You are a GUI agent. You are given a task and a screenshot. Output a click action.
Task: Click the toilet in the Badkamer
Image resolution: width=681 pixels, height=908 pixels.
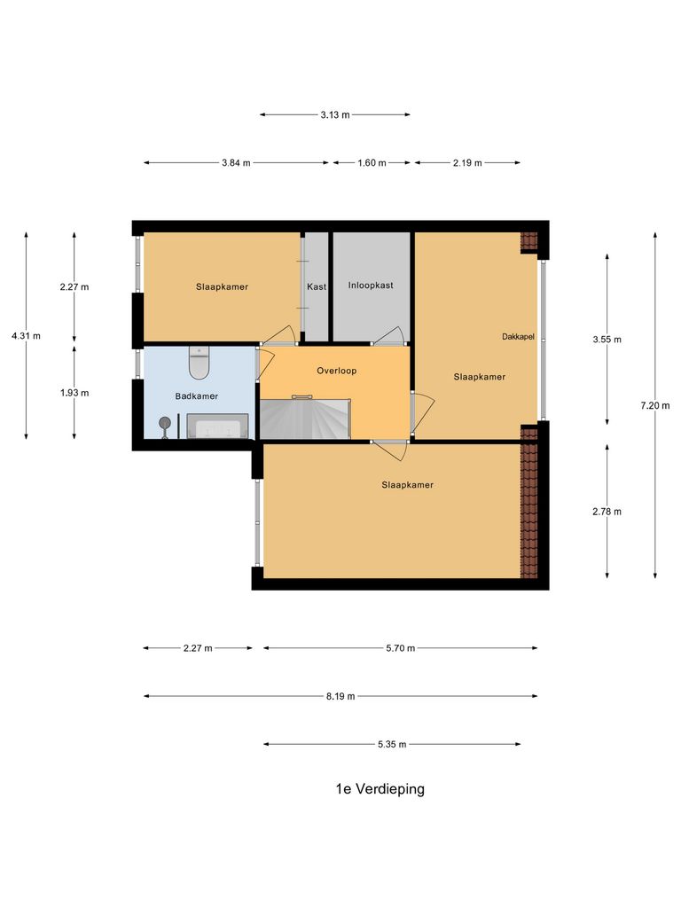coord(199,364)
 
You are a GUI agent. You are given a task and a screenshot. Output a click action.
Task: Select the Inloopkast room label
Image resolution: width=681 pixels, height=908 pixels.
coord(371,286)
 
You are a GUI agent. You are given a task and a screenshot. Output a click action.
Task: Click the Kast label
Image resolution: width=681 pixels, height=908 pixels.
coord(317,287)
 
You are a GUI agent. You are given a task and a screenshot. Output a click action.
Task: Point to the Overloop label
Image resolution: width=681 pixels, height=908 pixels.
coord(336,371)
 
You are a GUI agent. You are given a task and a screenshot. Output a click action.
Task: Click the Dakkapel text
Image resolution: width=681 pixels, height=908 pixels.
coord(518,336)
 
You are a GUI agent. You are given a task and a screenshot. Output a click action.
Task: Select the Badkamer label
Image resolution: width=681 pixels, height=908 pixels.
coord(196,396)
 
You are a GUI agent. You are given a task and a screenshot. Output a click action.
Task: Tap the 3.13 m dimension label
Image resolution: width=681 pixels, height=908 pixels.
coord(335,114)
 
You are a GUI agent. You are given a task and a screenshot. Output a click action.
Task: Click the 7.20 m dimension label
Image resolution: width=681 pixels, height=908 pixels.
coord(655,405)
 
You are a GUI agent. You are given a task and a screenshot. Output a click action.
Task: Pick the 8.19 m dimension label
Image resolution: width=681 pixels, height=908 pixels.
coord(340,696)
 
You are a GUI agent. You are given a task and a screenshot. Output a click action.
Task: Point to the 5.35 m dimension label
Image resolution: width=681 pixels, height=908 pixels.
coord(391,745)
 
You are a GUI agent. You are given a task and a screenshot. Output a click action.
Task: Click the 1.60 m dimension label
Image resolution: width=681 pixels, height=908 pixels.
coord(372,163)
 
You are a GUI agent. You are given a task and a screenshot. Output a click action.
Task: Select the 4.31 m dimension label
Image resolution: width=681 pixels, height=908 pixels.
coord(26,335)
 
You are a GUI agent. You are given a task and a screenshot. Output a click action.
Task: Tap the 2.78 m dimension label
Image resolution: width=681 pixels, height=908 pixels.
coord(607,511)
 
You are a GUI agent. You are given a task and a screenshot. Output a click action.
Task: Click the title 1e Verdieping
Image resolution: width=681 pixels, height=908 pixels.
coord(380,789)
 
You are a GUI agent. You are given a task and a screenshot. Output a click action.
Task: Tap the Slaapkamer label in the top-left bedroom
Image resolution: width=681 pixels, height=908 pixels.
coord(222,287)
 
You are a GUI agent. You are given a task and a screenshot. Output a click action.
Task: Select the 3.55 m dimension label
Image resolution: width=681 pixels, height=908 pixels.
coord(607,339)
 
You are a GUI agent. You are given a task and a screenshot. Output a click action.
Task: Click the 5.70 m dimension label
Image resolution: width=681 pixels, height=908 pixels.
coord(401,648)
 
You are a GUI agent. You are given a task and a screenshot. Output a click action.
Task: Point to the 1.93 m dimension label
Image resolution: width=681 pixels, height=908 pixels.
coord(74,392)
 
